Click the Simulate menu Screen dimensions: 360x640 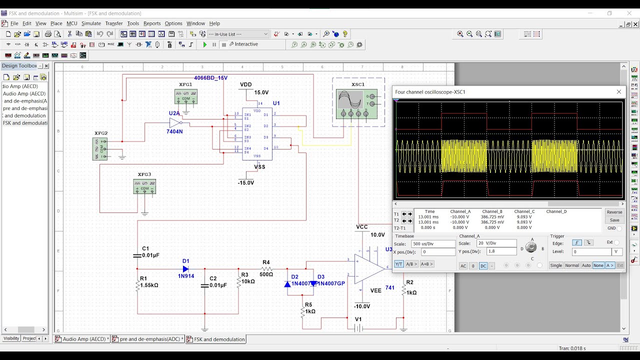pyautogui.click(x=91, y=23)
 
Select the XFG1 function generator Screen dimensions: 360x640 pyautogui.click(x=185, y=96)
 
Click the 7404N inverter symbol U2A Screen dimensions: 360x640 pyautogui.click(x=175, y=122)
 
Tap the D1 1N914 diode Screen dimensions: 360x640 pyautogui.click(x=185, y=269)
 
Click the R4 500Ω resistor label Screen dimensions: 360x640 pyautogui.click(x=266, y=274)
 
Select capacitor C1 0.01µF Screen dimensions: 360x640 pyautogui.click(x=137, y=255)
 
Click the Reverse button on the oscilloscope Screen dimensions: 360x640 pyautogui.click(x=614, y=212)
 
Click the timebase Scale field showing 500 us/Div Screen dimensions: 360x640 pyautogui.click(x=433, y=244)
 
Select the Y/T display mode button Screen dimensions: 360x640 pyautogui.click(x=399, y=264)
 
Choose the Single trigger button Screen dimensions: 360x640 pyautogui.click(x=556, y=265)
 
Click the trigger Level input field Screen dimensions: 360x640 pyautogui.click(x=591, y=252)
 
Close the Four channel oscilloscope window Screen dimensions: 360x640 pyautogui.click(x=619, y=92)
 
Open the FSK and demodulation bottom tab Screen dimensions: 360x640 pyautogui.click(x=216, y=339)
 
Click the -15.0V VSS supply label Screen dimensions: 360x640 pyautogui.click(x=246, y=183)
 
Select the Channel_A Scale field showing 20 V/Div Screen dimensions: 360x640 pyautogui.click(x=496, y=243)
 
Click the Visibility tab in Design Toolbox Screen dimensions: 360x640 pyautogui.click(x=11, y=338)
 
